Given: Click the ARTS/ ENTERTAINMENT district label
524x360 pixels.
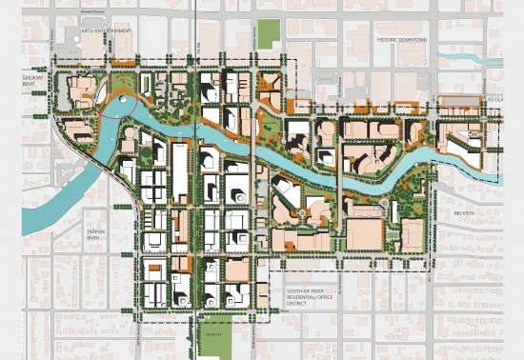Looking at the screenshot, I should [106, 31].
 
